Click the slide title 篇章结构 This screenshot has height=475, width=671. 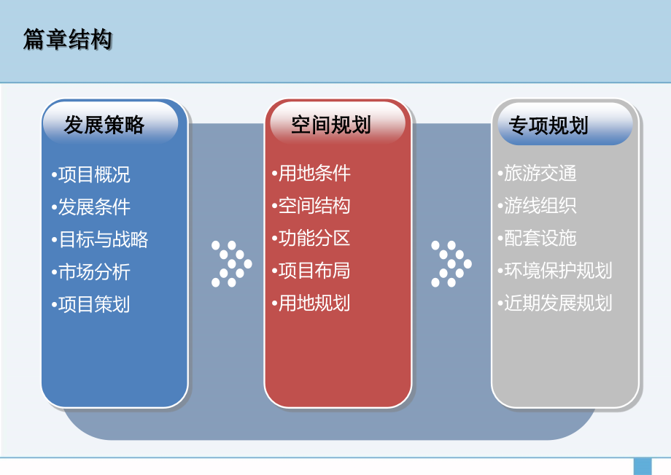[68, 39]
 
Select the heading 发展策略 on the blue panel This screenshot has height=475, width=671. [104, 125]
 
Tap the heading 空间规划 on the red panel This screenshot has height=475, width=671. [331, 125]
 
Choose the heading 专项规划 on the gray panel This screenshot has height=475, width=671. [548, 125]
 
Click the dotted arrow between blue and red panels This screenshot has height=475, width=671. [231, 264]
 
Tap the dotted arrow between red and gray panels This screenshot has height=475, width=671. [451, 264]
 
